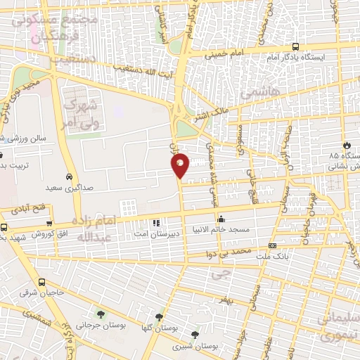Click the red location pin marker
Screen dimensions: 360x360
pyautogui.click(x=181, y=165)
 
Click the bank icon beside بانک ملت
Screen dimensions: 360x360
pyautogui.click(x=272, y=246)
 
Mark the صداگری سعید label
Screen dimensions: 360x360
pyautogui.click(x=69, y=188)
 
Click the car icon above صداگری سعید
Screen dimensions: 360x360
pyautogui.click(x=69, y=176)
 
